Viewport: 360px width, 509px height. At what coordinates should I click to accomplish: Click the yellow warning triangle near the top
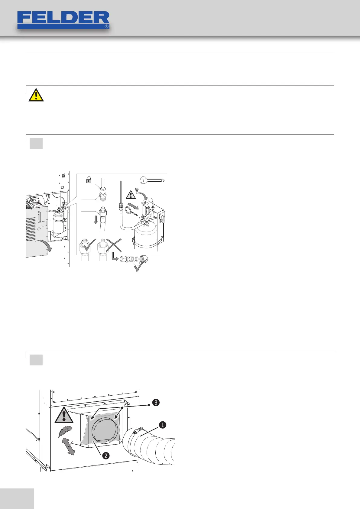tap(36, 95)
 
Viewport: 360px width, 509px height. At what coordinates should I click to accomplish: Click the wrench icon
tap(152, 180)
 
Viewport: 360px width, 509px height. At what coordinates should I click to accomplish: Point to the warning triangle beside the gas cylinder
tap(131, 194)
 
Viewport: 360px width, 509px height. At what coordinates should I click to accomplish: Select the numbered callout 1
tap(163, 425)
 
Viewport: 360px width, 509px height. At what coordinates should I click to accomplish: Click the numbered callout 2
tap(106, 455)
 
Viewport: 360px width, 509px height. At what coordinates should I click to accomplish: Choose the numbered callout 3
tap(155, 402)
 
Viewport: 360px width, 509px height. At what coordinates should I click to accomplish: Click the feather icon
tap(65, 432)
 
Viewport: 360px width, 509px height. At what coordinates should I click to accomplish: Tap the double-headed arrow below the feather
tap(68, 446)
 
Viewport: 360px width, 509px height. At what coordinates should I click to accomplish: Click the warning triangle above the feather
tap(64, 415)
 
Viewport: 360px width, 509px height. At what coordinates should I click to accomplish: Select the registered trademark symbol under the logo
tap(106, 27)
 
